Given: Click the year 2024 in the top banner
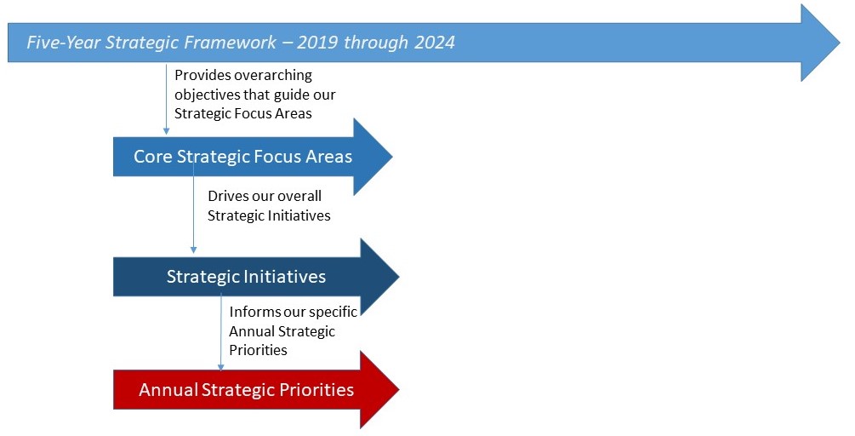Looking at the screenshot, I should pyautogui.click(x=431, y=43).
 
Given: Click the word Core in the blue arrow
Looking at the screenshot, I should pyautogui.click(x=153, y=158).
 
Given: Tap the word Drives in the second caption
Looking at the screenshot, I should pyautogui.click(x=228, y=196).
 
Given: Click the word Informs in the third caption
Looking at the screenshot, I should pyautogui.click(x=254, y=312).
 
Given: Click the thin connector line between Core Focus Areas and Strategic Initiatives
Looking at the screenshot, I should pyautogui.click(x=194, y=213).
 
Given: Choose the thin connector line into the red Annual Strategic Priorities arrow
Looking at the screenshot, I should pyautogui.click(x=221, y=332).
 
